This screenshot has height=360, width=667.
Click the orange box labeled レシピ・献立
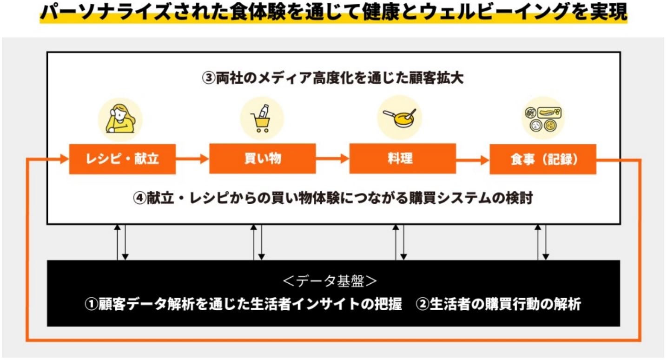click(x=122, y=159)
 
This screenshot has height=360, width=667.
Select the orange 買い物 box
click(x=262, y=159)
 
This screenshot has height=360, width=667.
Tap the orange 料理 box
click(x=403, y=159)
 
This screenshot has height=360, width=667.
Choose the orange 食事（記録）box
click(x=543, y=159)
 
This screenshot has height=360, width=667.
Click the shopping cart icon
click(x=262, y=118)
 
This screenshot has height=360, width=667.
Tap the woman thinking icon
click(x=120, y=119)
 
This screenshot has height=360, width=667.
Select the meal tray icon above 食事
click(x=543, y=119)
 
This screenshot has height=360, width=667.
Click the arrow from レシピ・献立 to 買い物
click(x=192, y=159)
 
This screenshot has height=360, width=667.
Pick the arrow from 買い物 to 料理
click(x=333, y=159)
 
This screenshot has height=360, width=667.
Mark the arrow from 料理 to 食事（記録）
click(x=473, y=160)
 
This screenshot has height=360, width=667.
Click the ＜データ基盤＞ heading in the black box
click(x=330, y=281)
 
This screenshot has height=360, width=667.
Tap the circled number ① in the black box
click(x=92, y=304)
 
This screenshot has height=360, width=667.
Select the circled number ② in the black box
click(x=422, y=304)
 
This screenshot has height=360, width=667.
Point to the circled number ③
click(x=208, y=78)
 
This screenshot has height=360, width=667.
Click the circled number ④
click(x=139, y=198)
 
